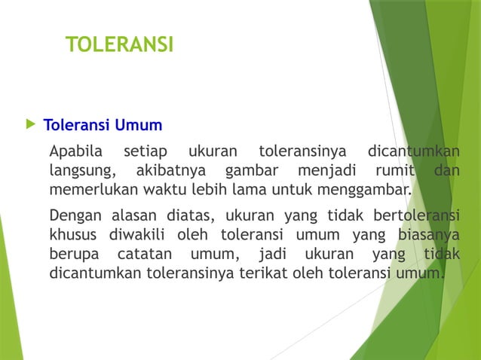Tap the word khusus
coord(72,231)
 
